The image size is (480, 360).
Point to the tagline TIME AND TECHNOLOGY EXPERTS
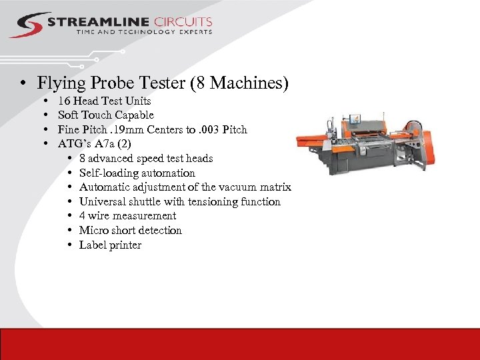(x=143, y=32)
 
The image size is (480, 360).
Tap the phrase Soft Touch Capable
(x=105, y=115)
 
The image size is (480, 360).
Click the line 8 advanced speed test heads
(x=145, y=159)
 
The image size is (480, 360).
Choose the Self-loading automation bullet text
(x=137, y=173)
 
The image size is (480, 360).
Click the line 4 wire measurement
(x=127, y=216)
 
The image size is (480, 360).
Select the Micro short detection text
(x=130, y=231)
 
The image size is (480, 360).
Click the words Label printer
(x=110, y=245)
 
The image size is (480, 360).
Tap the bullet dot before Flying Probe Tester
(x=23, y=84)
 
